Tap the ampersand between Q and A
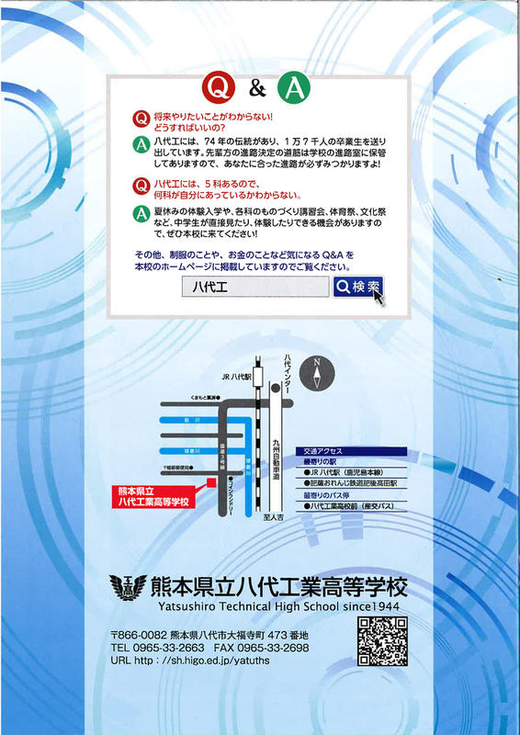[257, 89]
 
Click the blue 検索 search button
[357, 287]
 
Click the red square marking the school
[210, 481]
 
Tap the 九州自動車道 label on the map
[275, 459]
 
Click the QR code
[381, 640]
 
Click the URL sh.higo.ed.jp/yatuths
[216, 660]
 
